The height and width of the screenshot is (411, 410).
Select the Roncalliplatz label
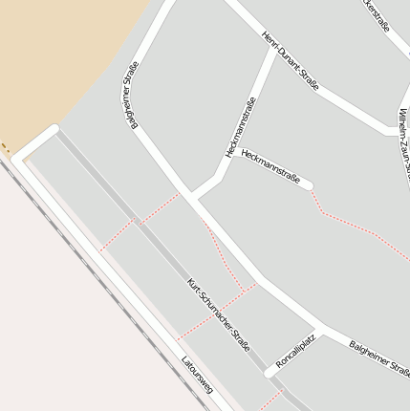click(295, 353)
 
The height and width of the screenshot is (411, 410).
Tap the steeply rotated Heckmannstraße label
click(241, 128)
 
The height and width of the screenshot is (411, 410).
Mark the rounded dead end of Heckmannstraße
click(307, 184)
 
